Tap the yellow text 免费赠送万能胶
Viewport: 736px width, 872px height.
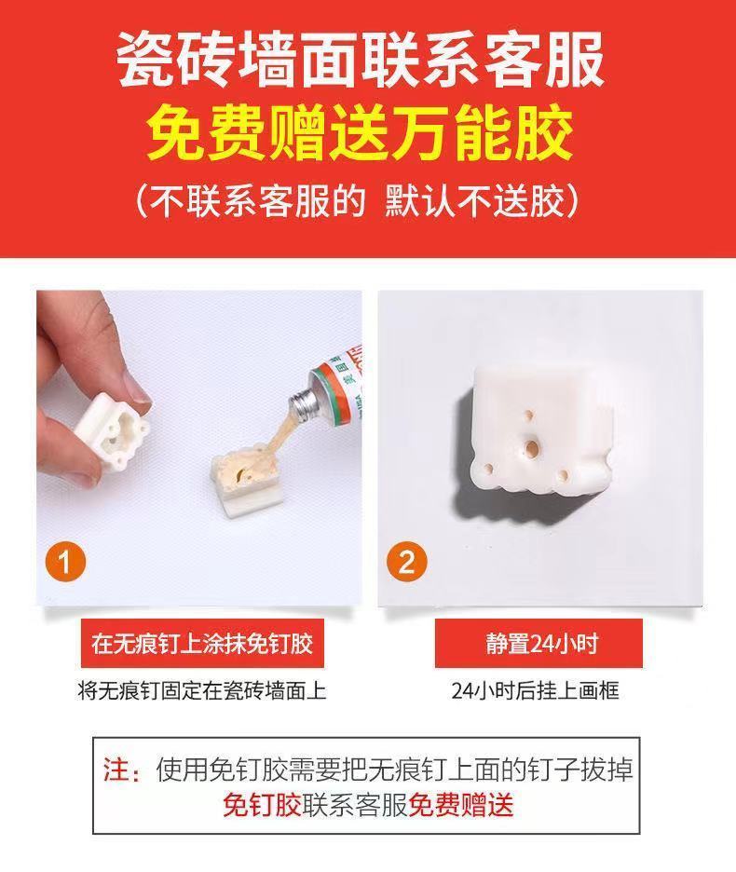[x=361, y=134]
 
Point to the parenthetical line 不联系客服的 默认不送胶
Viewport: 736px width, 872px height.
[x=358, y=201]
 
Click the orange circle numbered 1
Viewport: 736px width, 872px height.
[x=65, y=561]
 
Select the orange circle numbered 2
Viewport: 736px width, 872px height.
[x=407, y=561]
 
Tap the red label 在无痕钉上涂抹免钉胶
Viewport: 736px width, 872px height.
[x=202, y=644]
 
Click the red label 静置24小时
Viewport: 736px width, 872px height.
[x=538, y=644]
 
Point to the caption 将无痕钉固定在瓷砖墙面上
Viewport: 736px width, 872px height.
[x=202, y=690]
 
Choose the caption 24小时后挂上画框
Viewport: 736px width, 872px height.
[x=535, y=690]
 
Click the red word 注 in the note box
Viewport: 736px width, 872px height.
[x=115, y=770]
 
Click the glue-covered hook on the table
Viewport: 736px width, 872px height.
[x=250, y=478]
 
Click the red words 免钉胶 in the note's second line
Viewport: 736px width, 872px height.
[x=263, y=805]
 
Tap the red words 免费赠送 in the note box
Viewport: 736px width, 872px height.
[x=461, y=805]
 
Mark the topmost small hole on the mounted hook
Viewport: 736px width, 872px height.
[x=529, y=415]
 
